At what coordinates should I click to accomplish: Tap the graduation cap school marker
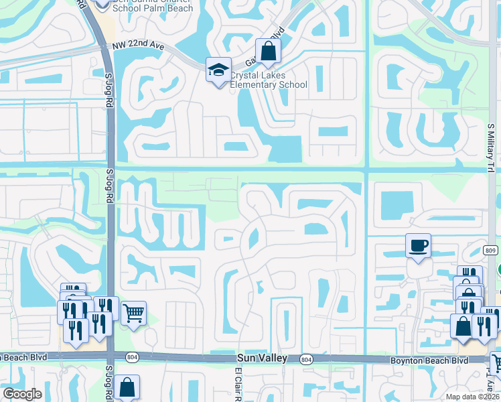coord(218,70)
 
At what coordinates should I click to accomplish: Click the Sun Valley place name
coord(262,358)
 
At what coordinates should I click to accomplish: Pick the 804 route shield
coord(306,360)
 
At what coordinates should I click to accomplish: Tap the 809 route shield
coord(491,250)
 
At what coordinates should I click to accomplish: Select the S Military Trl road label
coord(490,147)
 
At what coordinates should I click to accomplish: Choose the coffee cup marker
coord(419,246)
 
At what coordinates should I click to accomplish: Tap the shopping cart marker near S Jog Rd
coord(133,312)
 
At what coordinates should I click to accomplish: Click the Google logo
coord(23,393)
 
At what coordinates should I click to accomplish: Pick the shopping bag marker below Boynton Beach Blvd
coord(127,387)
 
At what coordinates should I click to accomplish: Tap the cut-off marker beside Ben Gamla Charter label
coord(101,4)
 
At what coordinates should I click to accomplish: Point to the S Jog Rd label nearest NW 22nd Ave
coord(109,90)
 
